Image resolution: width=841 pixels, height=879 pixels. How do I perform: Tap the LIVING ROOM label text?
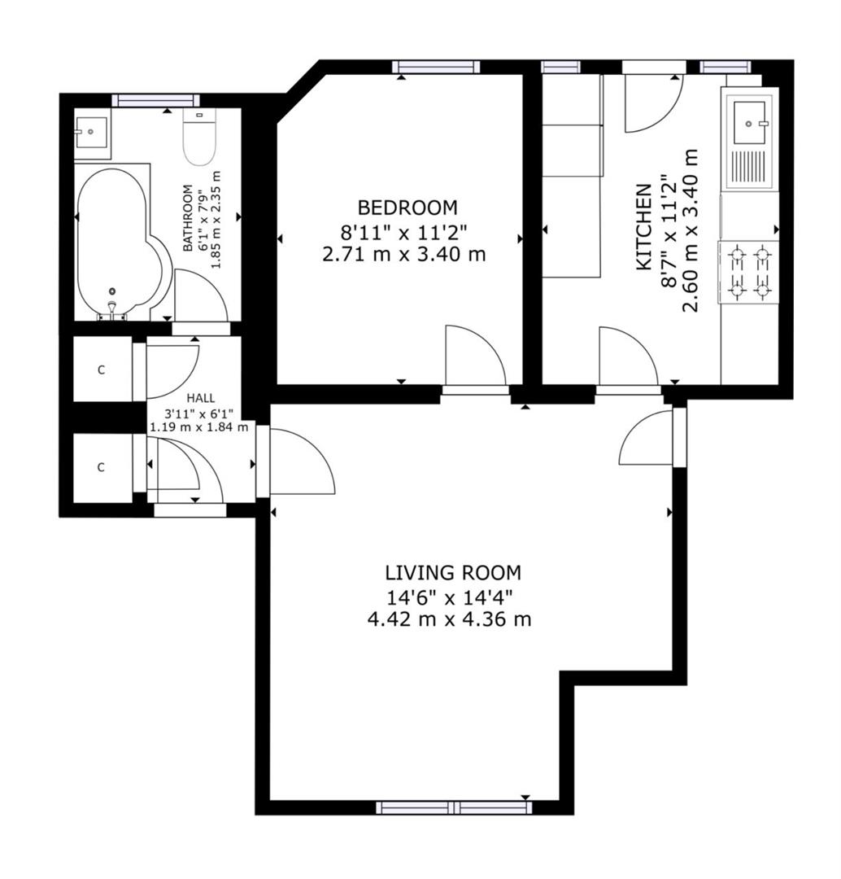[x=453, y=572]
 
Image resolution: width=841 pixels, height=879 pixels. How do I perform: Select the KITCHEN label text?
[x=643, y=227]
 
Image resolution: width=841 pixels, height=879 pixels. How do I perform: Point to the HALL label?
[x=201, y=398]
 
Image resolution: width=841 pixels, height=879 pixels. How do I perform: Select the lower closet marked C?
[x=102, y=468]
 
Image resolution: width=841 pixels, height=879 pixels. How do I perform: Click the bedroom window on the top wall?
[x=434, y=68]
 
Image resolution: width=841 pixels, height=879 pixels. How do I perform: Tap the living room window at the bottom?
[x=454, y=807]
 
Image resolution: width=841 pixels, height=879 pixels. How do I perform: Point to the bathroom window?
[x=156, y=100]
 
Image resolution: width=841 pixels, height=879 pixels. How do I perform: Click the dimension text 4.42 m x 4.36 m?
[x=450, y=619]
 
